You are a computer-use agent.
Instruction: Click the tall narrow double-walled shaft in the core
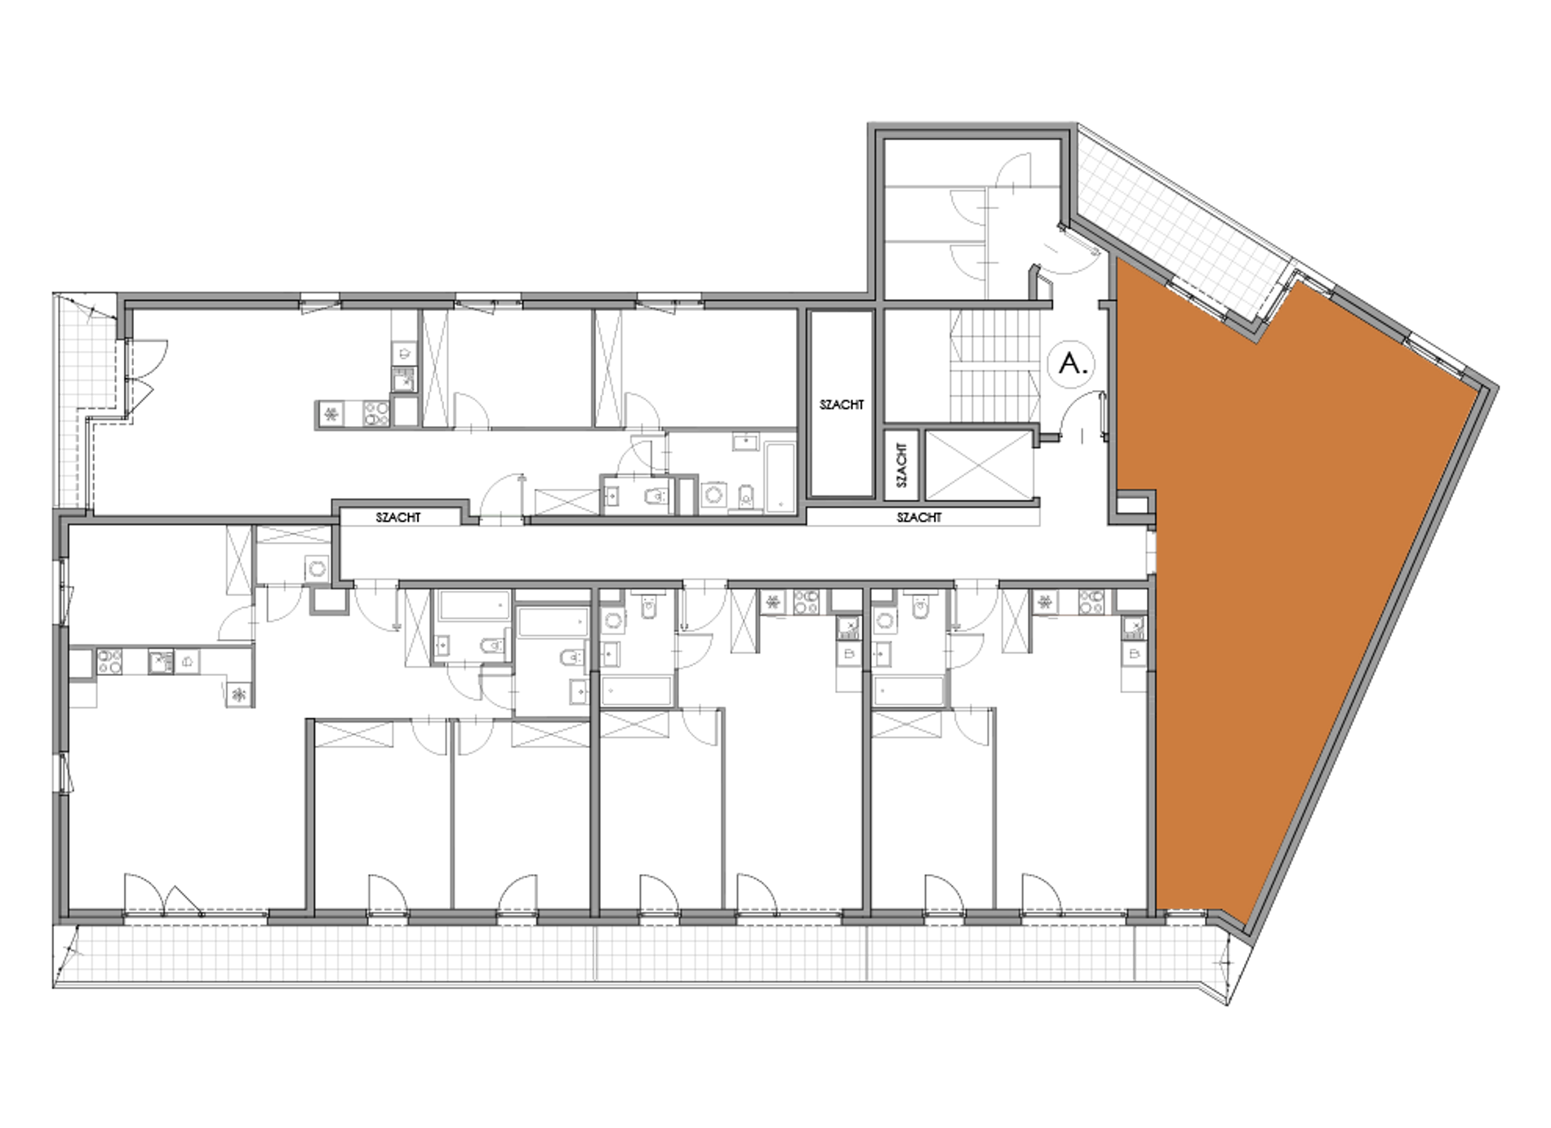click(x=842, y=404)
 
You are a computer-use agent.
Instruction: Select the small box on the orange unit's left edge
click(x=1135, y=504)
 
